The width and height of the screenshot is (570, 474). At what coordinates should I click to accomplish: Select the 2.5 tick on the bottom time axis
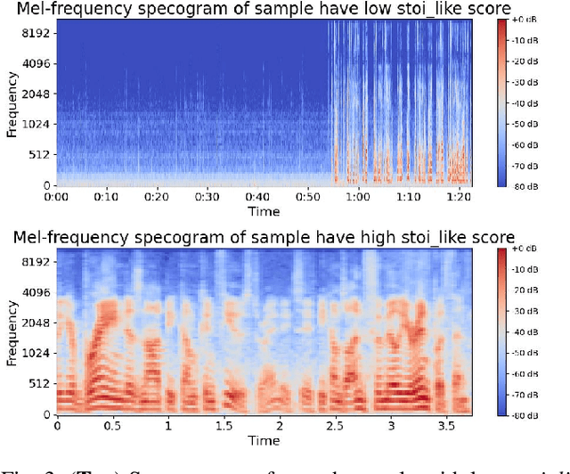point(335,427)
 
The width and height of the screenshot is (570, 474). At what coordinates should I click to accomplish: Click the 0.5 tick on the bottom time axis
point(113,427)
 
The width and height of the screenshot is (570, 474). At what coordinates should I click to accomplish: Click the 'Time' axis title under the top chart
point(264,211)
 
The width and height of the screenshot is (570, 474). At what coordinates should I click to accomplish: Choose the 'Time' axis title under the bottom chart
point(264,441)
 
